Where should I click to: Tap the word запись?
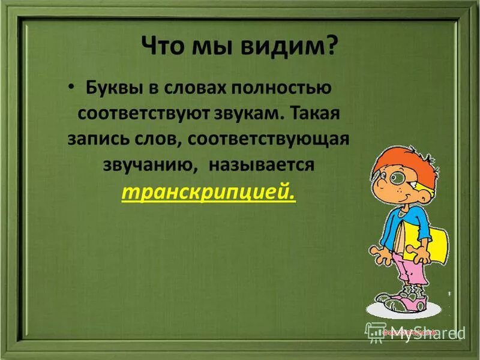click(100, 139)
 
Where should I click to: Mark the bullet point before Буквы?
click(73, 89)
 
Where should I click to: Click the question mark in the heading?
click(331, 47)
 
